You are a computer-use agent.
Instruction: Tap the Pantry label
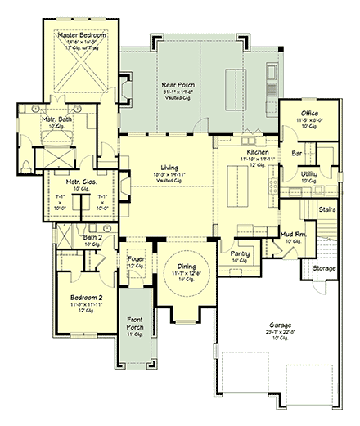(240, 253)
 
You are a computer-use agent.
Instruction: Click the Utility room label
(308, 173)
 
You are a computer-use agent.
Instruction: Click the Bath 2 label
(92, 237)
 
